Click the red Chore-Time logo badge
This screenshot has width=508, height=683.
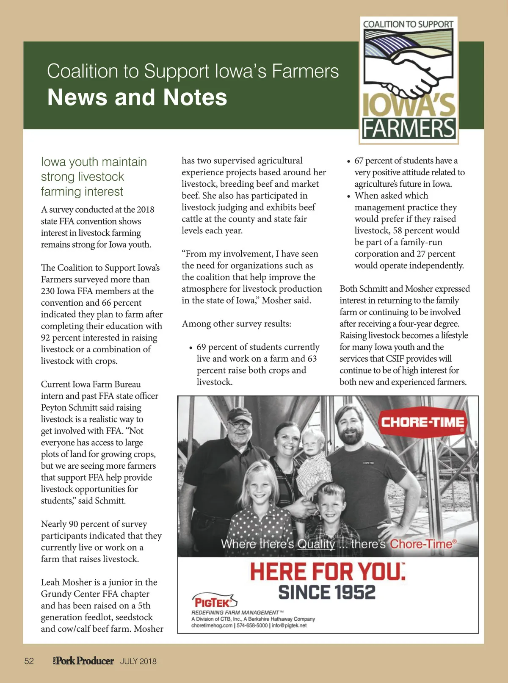(422, 422)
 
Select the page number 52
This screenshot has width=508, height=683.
(29, 661)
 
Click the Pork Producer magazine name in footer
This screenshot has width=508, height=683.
(84, 661)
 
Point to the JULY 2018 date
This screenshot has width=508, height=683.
(138, 661)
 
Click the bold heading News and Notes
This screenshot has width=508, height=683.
(137, 97)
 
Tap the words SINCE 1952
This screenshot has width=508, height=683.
(327, 592)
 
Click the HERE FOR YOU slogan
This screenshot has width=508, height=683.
(327, 572)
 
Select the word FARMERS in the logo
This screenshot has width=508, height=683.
(409, 128)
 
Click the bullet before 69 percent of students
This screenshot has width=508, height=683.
(191, 348)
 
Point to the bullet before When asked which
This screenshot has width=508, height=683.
(349, 196)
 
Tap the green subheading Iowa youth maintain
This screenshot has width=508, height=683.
(94, 162)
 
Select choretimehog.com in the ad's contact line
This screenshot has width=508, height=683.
(212, 625)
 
